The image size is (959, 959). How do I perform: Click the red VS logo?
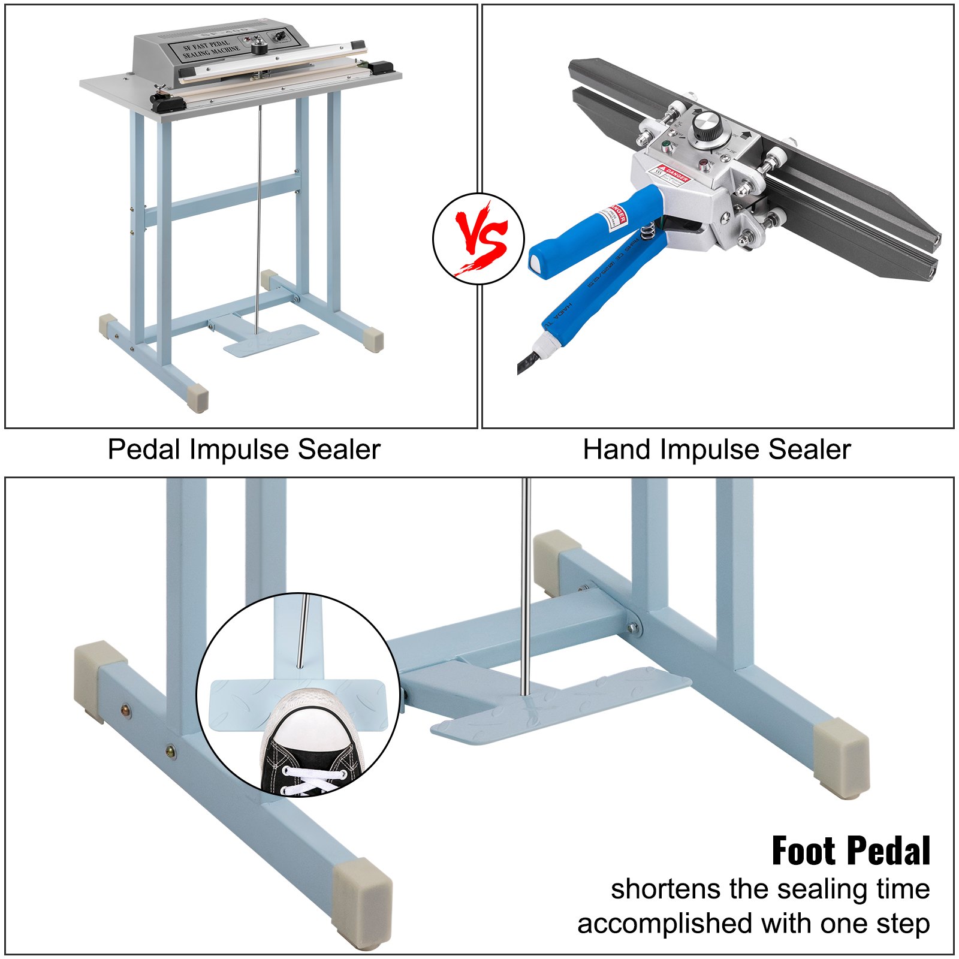[x=478, y=239]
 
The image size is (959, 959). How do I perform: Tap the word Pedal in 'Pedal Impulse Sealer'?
[x=144, y=450]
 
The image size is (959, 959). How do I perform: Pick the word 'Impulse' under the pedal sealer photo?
[x=242, y=450]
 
